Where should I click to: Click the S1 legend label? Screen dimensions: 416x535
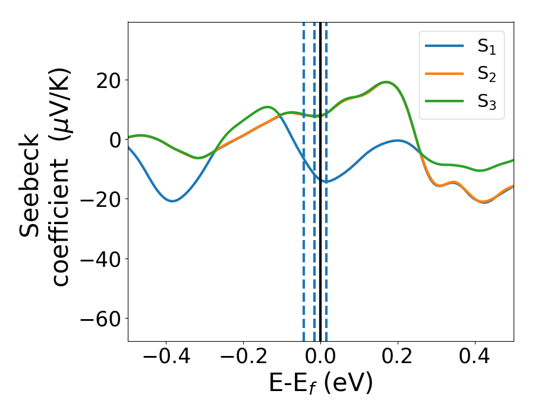pos(486,48)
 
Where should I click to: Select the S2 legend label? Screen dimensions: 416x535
pos(486,74)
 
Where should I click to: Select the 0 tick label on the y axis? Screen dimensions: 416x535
pos(113,140)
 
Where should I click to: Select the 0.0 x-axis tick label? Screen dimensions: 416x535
pos(320,358)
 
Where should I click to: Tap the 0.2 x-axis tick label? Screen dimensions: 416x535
pos(398,358)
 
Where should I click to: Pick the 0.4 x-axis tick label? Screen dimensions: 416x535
pos(475,358)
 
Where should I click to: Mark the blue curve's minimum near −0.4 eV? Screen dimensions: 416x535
pos(172,201)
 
